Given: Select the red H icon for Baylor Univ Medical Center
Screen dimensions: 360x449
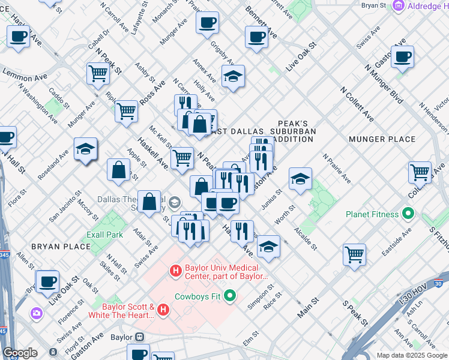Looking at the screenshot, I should [x=176, y=272].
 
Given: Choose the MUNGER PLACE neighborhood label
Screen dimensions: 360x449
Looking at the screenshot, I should [x=382, y=139].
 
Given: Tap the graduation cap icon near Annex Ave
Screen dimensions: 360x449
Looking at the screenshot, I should [x=233, y=76].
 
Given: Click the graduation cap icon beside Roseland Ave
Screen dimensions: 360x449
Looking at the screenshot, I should [x=86, y=149].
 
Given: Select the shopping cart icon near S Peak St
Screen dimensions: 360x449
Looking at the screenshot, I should [x=354, y=254].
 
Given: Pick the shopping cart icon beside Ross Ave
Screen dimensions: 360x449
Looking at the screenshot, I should [x=126, y=111].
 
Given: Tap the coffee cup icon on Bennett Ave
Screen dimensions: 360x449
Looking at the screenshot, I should [x=256, y=37].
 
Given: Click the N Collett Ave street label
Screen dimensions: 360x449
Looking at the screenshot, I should [x=357, y=104].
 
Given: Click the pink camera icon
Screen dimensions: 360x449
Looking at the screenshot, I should [x=37, y=313].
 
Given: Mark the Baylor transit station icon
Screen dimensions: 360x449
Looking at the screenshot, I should [x=140, y=354].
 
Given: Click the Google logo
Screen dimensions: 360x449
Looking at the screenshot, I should [x=20, y=353].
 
